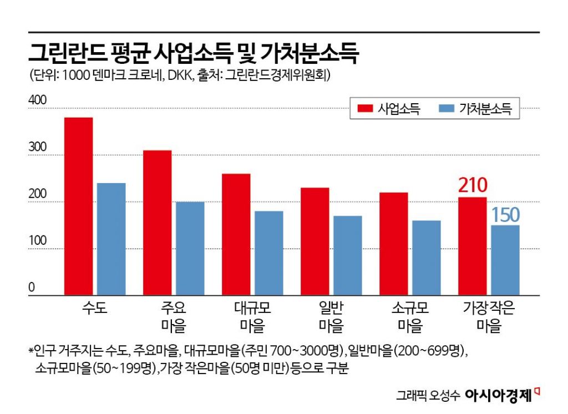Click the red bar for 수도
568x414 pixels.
coord(78,206)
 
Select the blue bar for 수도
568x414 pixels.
coord(111,239)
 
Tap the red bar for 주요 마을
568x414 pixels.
coord(157,223)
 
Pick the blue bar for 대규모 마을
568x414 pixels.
coord(269,253)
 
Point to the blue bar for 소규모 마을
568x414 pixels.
coord(427,258)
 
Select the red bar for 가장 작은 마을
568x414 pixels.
coord(472,246)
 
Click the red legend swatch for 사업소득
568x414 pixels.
coord(364,109)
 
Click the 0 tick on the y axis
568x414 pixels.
coord(32,287)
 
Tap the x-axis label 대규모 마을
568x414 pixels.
coord(252,316)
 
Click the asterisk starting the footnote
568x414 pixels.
coord(31,352)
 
